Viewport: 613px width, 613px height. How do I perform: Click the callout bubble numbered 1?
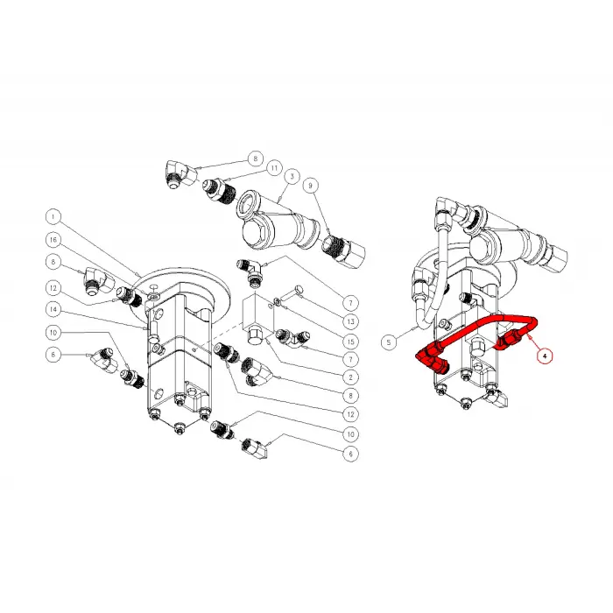(53, 215)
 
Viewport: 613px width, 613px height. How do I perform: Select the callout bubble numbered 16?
(53, 238)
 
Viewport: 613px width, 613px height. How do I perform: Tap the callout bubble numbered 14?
(53, 308)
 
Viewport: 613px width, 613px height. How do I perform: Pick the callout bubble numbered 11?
(274, 167)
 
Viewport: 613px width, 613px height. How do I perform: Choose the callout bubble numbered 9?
(310, 185)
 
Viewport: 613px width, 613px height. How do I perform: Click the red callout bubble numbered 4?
(545, 356)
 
